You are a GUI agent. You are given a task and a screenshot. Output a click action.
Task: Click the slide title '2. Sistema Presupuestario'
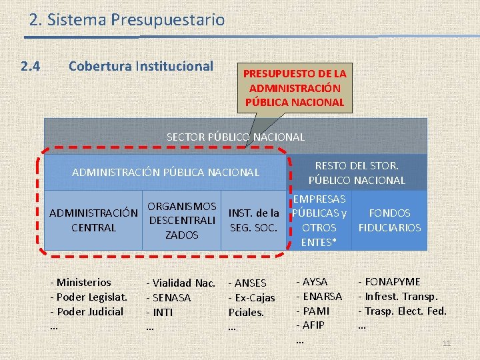[x=127, y=21]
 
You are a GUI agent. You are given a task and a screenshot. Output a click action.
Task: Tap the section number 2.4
[x=31, y=67]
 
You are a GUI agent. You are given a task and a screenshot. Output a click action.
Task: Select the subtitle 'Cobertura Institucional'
[x=141, y=67]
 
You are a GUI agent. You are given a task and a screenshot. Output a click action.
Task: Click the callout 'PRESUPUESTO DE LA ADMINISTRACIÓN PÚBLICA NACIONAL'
[x=294, y=87]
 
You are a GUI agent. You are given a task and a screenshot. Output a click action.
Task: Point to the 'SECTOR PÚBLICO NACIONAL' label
[x=235, y=137]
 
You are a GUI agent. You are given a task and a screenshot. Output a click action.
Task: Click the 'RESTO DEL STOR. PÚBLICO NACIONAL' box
[x=357, y=172]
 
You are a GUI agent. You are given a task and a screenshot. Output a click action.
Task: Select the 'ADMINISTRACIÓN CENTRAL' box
[x=93, y=220]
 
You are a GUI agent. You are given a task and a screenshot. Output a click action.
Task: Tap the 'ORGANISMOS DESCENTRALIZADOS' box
[x=181, y=220]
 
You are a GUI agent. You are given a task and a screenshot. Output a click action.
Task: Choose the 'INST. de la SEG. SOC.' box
[x=253, y=220]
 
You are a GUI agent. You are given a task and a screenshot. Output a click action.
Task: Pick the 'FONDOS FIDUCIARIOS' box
[x=389, y=220]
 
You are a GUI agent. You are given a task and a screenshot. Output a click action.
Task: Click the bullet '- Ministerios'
[x=81, y=282]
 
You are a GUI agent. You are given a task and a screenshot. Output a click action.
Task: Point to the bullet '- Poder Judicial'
[x=87, y=311]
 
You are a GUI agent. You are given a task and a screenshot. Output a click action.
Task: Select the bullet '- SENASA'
[x=169, y=297]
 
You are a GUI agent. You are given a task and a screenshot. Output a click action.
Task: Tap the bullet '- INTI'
[x=160, y=312]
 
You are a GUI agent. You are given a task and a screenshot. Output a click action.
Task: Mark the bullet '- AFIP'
[x=310, y=325]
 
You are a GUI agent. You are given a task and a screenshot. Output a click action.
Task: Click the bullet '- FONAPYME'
[x=389, y=282]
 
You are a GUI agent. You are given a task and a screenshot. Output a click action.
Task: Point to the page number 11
[x=447, y=343]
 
